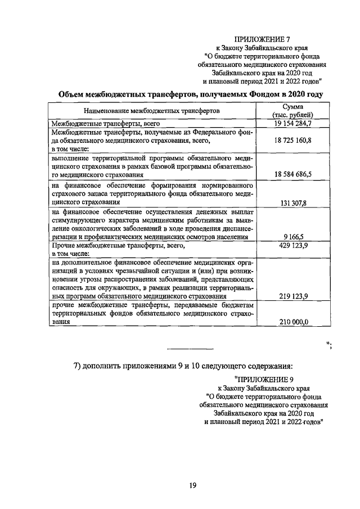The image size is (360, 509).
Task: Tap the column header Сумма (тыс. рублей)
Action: pyautogui.click(x=292, y=110)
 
